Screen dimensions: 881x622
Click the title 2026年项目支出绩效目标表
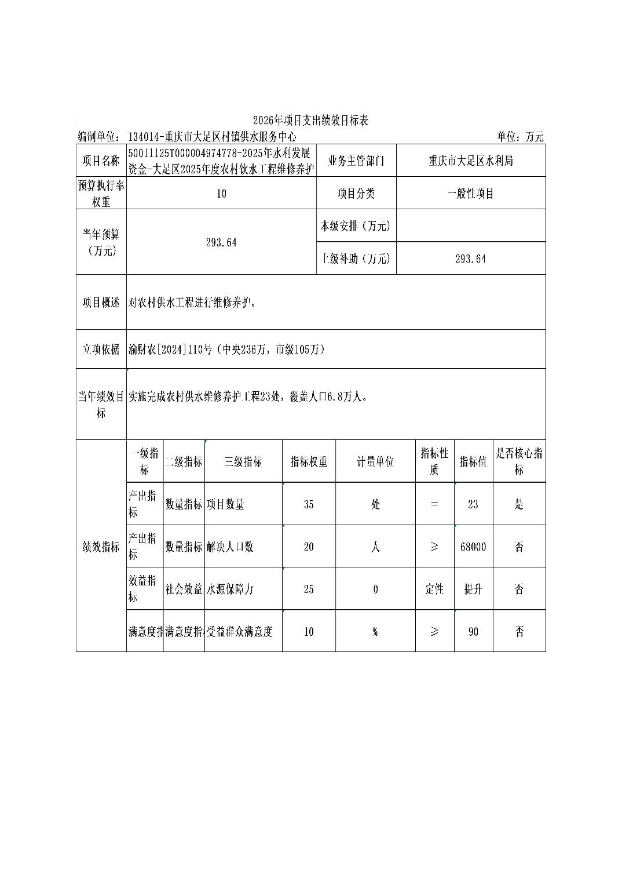pyautogui.click(x=310, y=121)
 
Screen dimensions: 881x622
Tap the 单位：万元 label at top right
pyautogui.click(x=519, y=137)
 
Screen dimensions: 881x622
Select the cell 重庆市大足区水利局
pyautogui.click(x=470, y=161)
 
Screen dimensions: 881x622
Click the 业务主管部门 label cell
pyautogui.click(x=356, y=161)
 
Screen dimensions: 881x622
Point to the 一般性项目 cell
pyautogui.click(x=470, y=194)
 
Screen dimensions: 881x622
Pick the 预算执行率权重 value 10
pyautogui.click(x=221, y=194)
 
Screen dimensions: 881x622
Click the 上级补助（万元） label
pyautogui.click(x=356, y=259)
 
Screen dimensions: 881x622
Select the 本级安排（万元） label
pyautogui.click(x=356, y=226)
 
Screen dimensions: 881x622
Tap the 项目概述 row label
pyautogui.click(x=101, y=303)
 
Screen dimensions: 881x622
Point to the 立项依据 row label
pyautogui.click(x=101, y=350)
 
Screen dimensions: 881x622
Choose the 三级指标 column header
pyautogui.click(x=243, y=462)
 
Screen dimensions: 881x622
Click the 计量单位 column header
pyautogui.click(x=375, y=462)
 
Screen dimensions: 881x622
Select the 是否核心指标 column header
pyautogui.click(x=519, y=461)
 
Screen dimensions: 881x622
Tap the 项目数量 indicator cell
pyautogui.click(x=226, y=504)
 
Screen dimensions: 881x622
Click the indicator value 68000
pyautogui.click(x=473, y=547)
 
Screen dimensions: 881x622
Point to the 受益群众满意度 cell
pyautogui.click(x=239, y=632)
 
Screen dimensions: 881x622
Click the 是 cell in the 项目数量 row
pyautogui.click(x=519, y=504)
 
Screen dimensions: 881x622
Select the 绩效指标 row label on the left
pyautogui.click(x=101, y=547)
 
